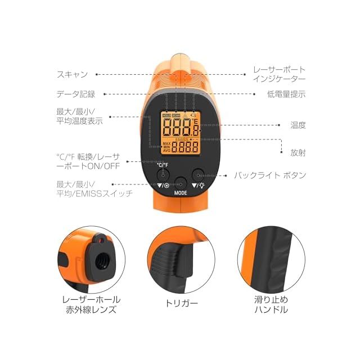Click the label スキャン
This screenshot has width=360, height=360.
(72, 74)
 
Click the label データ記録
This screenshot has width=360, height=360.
(76, 94)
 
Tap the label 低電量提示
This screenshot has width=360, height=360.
(286, 94)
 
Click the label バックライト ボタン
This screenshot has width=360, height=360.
(270, 175)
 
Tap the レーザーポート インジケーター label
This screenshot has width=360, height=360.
(280, 74)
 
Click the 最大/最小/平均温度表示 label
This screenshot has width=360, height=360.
(79, 116)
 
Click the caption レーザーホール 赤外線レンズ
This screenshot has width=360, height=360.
(91, 304)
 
